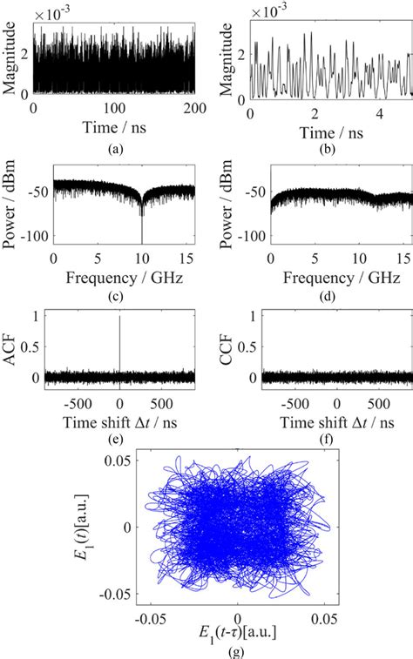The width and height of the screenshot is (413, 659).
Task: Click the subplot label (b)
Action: (330, 149)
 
